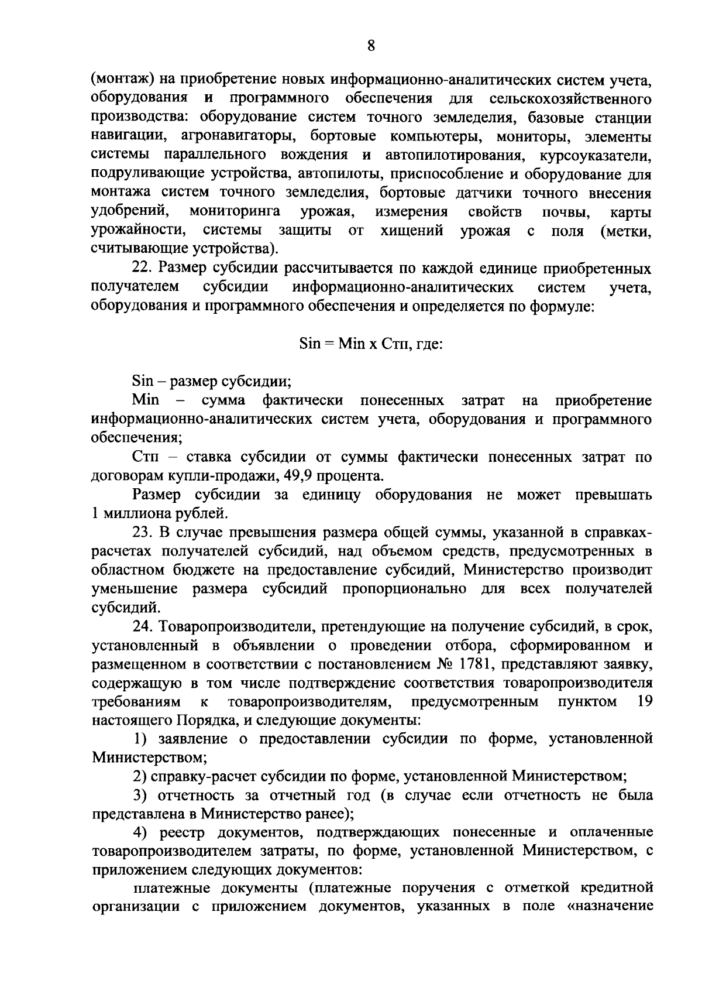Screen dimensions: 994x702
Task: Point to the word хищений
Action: [x=412, y=230]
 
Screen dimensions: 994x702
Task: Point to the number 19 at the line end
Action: [x=645, y=701]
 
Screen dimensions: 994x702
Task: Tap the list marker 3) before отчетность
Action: [x=141, y=796]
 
